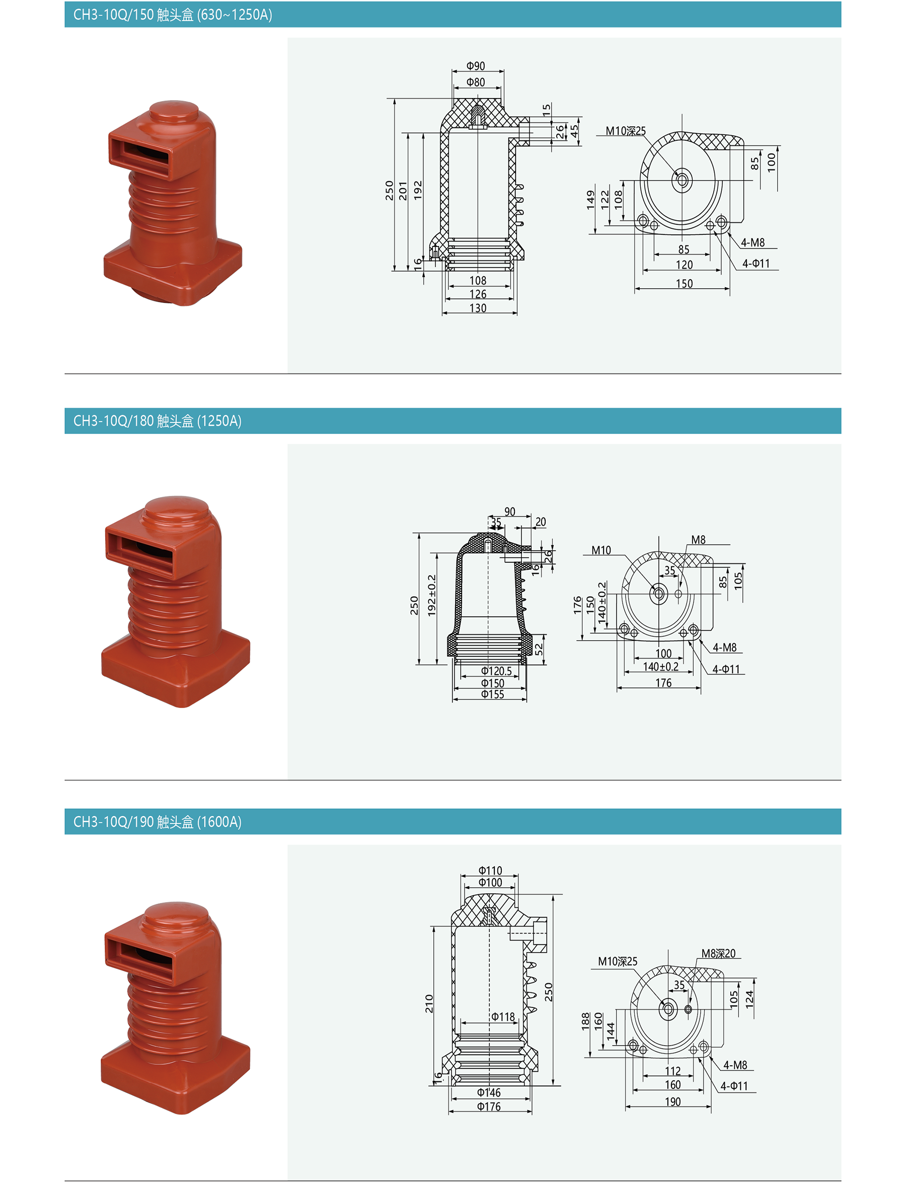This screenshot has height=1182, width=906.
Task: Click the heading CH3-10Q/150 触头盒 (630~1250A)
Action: (173, 15)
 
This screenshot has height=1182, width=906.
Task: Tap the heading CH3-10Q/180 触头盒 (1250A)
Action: (158, 421)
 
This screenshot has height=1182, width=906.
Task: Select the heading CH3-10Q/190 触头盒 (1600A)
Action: (158, 822)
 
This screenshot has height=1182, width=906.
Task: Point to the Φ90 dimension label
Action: (476, 66)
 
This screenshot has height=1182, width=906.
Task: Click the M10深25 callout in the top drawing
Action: (626, 131)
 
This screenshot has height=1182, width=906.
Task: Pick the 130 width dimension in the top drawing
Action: (478, 308)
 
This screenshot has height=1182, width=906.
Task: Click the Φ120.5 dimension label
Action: (496, 671)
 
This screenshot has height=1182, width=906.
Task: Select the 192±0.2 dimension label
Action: (431, 596)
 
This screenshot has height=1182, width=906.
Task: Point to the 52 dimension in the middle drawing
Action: (539, 650)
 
